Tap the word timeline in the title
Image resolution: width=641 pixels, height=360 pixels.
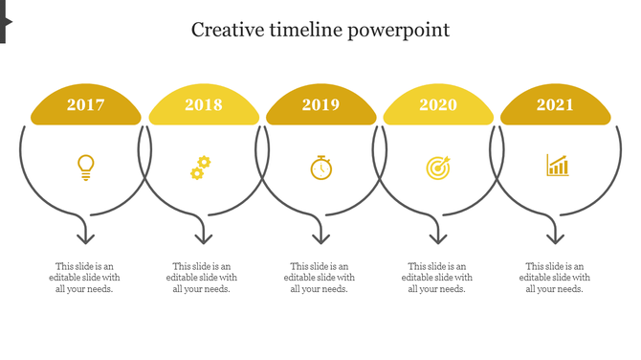(305, 30)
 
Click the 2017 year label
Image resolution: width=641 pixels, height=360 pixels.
(86, 105)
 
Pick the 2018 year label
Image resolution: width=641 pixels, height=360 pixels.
(204, 105)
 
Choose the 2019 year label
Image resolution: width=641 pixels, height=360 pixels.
(320, 105)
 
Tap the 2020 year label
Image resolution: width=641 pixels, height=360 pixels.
(438, 105)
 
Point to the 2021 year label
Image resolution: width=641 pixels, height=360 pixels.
(555, 105)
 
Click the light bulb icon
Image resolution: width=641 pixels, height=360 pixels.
(86, 168)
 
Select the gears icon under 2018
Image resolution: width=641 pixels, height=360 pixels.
(199, 168)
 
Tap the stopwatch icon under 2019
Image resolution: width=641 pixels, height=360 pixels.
(321, 168)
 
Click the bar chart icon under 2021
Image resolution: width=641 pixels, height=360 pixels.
(557, 166)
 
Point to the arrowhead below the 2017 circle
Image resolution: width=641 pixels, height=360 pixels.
(86, 236)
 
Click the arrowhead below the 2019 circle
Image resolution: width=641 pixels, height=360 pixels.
(320, 236)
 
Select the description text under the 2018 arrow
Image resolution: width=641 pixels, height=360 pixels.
(202, 278)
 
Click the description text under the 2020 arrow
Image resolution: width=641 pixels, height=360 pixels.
(437, 278)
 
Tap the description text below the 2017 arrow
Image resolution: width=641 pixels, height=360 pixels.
(84, 278)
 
